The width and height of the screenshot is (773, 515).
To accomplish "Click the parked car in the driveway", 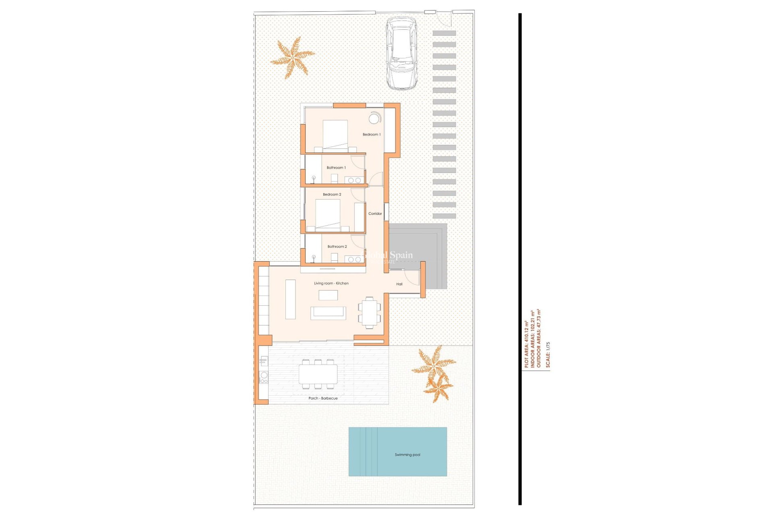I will click(401, 53).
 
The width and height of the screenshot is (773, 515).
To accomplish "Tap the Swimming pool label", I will click(407, 455).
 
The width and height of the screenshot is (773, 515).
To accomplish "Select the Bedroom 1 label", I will click(371, 134).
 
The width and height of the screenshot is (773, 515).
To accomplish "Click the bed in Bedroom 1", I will click(335, 135).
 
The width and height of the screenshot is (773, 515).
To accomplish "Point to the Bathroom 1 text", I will click(336, 167).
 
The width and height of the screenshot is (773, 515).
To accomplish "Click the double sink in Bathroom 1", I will click(354, 180).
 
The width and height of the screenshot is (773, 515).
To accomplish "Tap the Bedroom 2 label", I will click(332, 194).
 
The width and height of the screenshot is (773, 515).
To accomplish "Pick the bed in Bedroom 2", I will click(328, 214).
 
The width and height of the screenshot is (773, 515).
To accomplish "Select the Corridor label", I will click(375, 214).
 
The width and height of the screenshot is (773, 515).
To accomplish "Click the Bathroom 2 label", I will click(337, 247).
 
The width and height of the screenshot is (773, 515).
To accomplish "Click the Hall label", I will click(399, 284).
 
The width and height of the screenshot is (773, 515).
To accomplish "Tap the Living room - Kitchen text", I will click(331, 283).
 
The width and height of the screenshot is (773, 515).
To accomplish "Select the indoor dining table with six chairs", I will click(369, 313).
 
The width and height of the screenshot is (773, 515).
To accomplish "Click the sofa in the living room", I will click(328, 313).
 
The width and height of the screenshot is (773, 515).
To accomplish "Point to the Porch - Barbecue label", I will click(323, 398).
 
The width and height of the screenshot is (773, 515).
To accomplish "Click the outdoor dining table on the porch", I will click(318, 374).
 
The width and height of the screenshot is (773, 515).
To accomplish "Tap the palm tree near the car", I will click(293, 58).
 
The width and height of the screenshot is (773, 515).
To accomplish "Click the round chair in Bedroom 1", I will click(374, 119).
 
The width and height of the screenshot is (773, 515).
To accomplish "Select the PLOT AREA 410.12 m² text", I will click(526, 344).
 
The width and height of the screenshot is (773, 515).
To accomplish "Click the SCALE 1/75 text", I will click(548, 354).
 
